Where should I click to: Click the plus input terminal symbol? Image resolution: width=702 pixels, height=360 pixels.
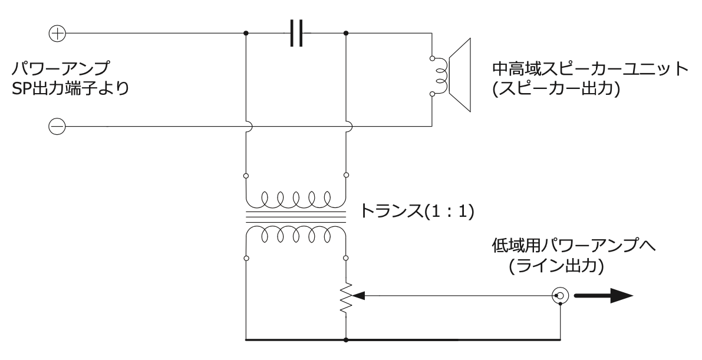pyautogui.click(x=57, y=34)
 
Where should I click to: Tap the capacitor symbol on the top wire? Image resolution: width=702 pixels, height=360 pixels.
pyautogui.click(x=296, y=34)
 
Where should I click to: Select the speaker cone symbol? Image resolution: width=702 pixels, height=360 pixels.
pyautogui.click(x=460, y=75)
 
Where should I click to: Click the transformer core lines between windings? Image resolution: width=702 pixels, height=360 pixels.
pyautogui.click(x=295, y=217)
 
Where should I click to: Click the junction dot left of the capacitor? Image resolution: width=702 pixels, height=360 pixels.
pyautogui.click(x=246, y=34)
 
